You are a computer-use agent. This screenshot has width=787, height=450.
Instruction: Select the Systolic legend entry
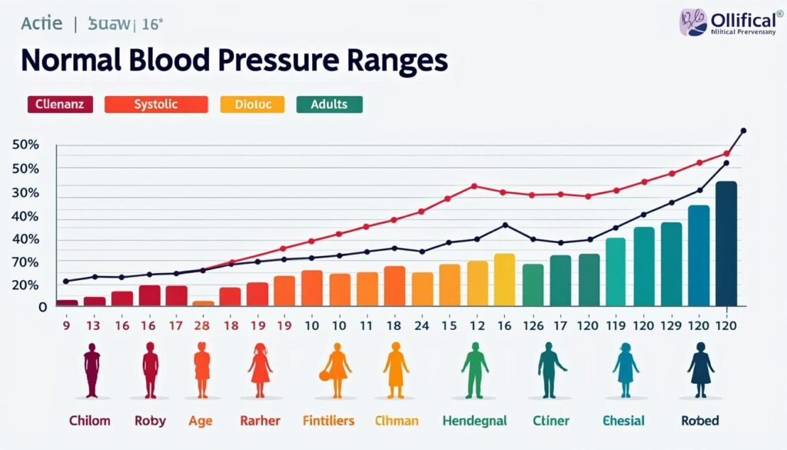click(x=156, y=105)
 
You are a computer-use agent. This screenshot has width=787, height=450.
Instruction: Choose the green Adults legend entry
click(x=329, y=105)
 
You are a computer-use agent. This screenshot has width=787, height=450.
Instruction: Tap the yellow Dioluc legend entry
click(x=252, y=105)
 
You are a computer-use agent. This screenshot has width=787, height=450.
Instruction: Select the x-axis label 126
click(x=533, y=325)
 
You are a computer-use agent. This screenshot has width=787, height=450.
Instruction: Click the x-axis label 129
click(x=670, y=325)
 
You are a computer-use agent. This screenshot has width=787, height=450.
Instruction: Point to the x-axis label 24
click(x=422, y=325)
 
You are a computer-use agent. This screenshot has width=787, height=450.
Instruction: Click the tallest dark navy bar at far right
click(x=726, y=243)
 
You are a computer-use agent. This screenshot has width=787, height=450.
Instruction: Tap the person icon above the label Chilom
click(x=91, y=369)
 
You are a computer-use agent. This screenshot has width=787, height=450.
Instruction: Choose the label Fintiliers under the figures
click(x=328, y=421)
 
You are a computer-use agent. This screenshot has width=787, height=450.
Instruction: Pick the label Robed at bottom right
click(x=700, y=421)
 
